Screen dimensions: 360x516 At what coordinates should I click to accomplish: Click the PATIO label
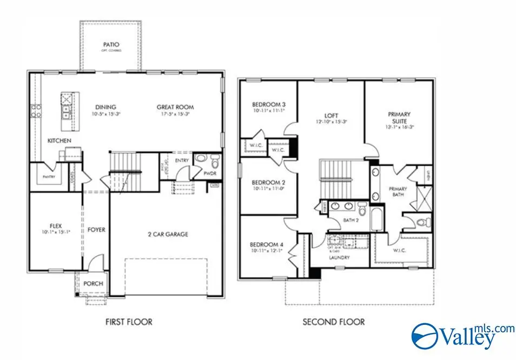point(111,44)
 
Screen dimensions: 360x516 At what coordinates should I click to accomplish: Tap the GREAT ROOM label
point(175,107)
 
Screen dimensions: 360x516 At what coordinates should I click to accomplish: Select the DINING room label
point(106,107)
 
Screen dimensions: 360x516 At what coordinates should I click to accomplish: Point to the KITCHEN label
point(59,141)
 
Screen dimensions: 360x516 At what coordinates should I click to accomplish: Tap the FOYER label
point(96,230)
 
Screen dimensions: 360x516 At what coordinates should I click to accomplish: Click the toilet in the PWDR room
point(215,162)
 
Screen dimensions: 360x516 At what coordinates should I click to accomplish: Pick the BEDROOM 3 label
point(268,104)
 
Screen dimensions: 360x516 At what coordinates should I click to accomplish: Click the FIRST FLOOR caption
point(128,322)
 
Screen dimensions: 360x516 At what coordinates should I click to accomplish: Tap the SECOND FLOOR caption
point(333,322)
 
